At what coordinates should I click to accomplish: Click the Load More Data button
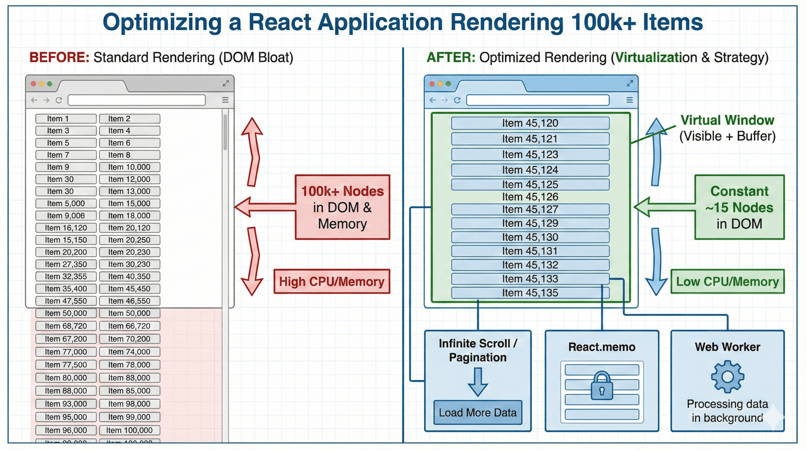(477, 412)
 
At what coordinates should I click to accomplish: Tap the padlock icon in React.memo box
(601, 386)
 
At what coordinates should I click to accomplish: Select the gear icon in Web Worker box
(727, 376)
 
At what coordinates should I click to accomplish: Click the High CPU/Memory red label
(331, 281)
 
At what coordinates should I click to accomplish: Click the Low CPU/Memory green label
(727, 281)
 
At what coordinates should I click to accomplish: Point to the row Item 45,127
(530, 209)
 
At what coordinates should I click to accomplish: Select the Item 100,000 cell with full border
(129, 430)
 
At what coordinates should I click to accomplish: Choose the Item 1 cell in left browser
(66, 119)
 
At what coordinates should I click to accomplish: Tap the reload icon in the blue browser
(457, 100)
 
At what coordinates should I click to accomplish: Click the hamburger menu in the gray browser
(225, 100)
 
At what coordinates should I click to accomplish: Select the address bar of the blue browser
(537, 100)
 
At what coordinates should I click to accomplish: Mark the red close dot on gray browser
(33, 84)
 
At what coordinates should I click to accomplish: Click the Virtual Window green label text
(727, 120)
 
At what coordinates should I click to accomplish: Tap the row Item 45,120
(530, 123)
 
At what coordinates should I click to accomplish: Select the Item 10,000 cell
(129, 167)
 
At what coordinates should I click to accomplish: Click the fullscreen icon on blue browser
(630, 83)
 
